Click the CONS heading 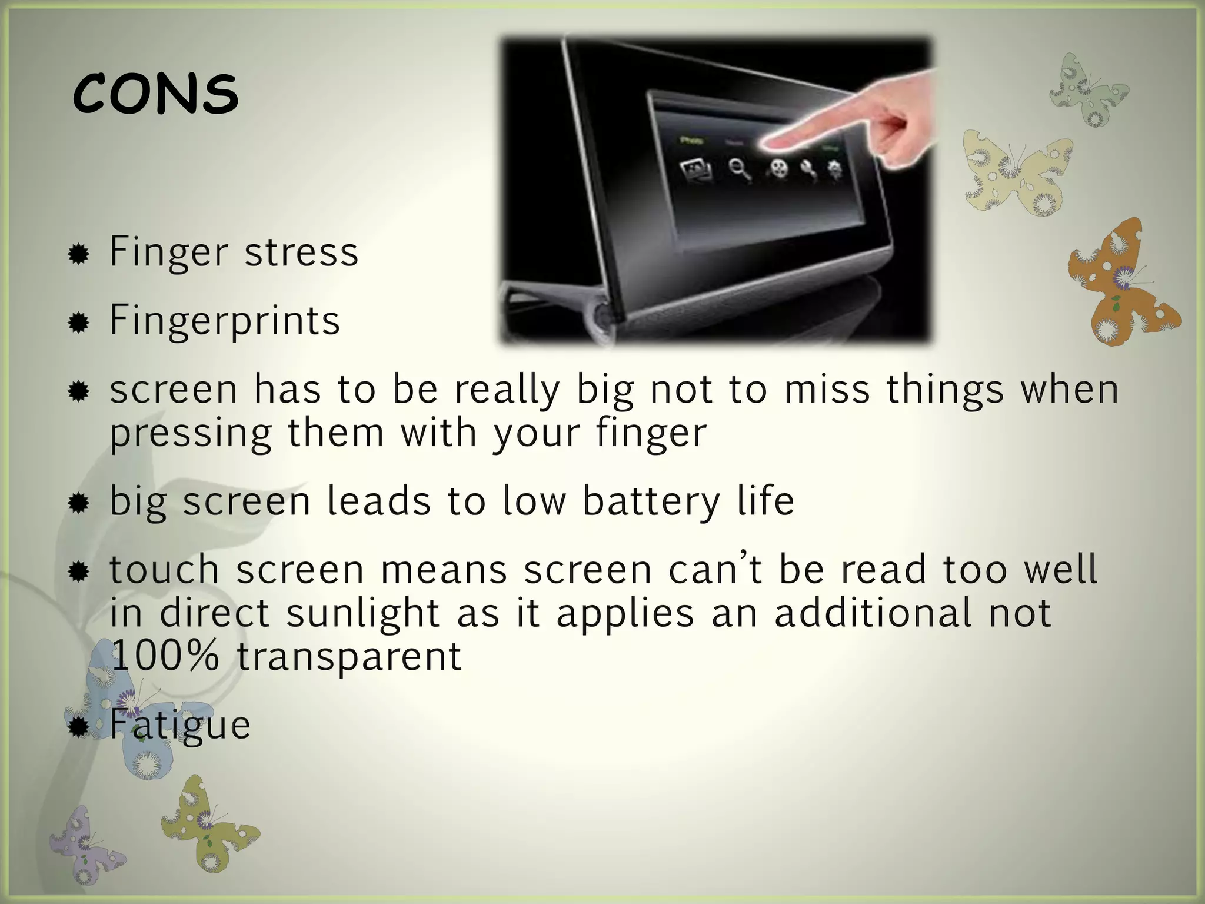(155, 94)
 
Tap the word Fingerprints (225, 321)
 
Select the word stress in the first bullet (301, 252)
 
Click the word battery (651, 502)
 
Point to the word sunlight (363, 613)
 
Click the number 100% (165, 656)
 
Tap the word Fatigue (180, 725)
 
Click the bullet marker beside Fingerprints (78, 323)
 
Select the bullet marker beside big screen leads (78, 503)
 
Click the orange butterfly (1118, 282)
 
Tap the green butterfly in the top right (1089, 91)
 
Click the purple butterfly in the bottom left (85, 845)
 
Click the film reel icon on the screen (778, 168)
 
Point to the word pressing (191, 434)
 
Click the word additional (873, 613)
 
